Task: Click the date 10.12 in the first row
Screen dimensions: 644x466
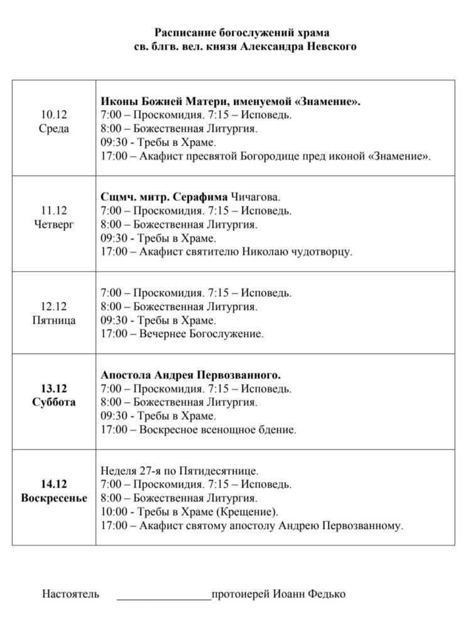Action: click(x=54, y=115)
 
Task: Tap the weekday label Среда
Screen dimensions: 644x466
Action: click(x=54, y=129)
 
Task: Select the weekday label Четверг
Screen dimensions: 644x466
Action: click(x=54, y=225)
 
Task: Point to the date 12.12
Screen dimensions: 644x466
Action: click(x=54, y=306)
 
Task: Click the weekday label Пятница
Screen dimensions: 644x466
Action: click(x=54, y=320)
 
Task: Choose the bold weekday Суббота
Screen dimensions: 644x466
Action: click(x=54, y=402)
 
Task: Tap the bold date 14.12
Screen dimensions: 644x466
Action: click(x=54, y=484)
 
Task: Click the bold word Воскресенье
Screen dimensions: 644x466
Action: click(x=54, y=497)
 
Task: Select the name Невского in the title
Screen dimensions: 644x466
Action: click(x=330, y=47)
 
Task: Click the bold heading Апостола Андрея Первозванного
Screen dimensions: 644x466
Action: click(x=191, y=375)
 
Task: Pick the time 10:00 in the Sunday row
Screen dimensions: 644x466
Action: click(x=112, y=511)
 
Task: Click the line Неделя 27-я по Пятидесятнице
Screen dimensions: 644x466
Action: click(x=180, y=470)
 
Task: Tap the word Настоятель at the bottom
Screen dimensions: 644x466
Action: click(x=70, y=594)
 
